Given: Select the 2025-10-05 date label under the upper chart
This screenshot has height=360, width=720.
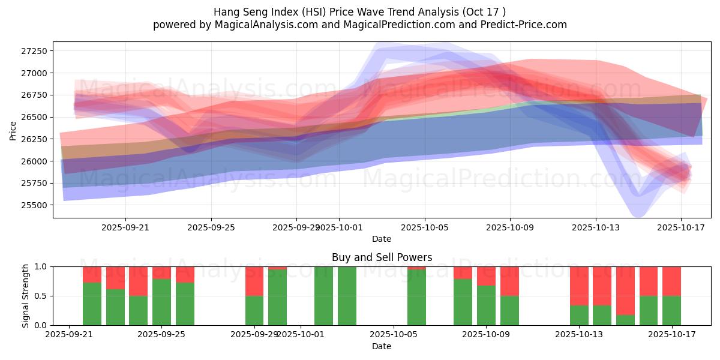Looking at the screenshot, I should tap(425, 227).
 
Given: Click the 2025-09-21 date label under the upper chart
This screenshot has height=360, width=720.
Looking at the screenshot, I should tap(125, 227).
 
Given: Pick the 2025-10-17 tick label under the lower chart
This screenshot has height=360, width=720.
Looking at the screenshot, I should tap(671, 335).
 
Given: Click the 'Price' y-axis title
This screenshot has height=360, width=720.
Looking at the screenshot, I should tap(13, 130).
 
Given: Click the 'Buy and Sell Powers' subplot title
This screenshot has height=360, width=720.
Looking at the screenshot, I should tap(382, 257).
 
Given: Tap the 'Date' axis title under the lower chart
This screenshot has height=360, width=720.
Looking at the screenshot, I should tap(382, 346).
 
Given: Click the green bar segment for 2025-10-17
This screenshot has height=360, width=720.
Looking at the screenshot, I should tap(671, 310).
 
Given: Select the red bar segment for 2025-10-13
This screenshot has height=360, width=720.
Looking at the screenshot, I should tap(579, 286).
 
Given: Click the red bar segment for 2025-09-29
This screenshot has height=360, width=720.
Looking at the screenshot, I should tap(254, 281).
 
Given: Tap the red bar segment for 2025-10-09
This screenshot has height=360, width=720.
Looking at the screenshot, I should tap(509, 281).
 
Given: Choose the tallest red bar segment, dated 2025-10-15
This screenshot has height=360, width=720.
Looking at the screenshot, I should tap(625, 291).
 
